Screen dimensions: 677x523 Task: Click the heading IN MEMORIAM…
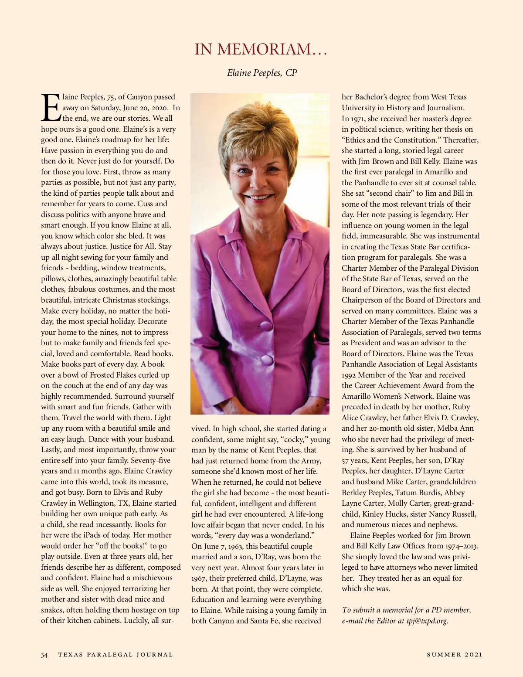click(x=261, y=49)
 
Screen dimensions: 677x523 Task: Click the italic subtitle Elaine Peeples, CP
click(x=262, y=73)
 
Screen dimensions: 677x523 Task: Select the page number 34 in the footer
click(x=44, y=655)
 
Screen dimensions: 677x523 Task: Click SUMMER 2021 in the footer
click(x=455, y=654)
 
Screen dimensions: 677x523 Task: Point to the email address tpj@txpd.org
click(x=427, y=621)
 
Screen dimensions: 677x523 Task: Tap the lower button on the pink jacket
click(x=267, y=360)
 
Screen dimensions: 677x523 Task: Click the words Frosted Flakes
click(x=113, y=375)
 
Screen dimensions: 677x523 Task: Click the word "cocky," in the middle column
click(x=294, y=439)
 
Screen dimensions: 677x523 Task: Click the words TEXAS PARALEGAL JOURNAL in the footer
click(x=115, y=655)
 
